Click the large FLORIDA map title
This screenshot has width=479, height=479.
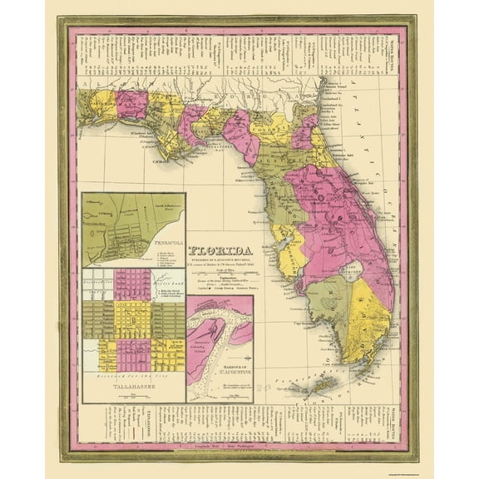click(224, 249)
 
